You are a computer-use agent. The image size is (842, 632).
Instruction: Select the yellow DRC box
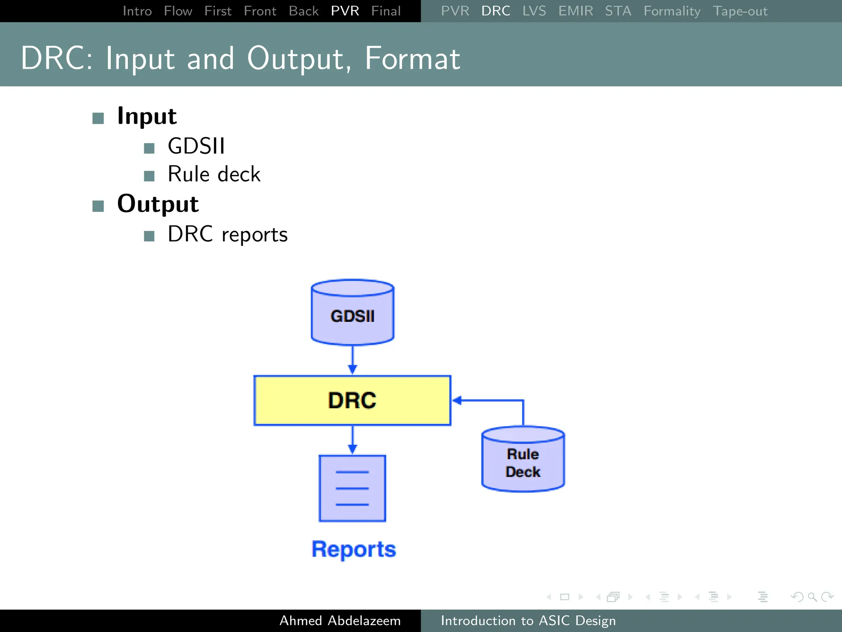point(352,400)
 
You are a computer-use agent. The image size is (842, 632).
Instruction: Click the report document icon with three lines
point(352,488)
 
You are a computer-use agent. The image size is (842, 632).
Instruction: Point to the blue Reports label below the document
point(354,549)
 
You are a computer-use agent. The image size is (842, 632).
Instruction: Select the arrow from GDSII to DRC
point(352,360)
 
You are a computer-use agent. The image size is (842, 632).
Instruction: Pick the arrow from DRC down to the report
point(352,440)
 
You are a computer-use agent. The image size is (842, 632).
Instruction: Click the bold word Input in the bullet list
point(147,116)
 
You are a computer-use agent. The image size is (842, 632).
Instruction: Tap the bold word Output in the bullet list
point(158,204)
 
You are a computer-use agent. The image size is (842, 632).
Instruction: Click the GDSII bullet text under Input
point(196,146)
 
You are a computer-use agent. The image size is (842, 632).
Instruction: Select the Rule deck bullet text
point(214,174)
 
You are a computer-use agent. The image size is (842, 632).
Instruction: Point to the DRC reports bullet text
point(227,235)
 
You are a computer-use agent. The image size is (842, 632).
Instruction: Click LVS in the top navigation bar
point(534,11)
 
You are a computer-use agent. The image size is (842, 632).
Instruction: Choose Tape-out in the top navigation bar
point(740,11)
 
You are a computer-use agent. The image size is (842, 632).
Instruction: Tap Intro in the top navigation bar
point(137,11)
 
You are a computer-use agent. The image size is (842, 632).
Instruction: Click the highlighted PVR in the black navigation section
point(345,11)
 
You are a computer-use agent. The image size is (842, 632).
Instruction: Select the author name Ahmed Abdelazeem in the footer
point(340,620)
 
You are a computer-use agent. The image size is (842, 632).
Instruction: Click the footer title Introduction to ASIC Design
point(528,620)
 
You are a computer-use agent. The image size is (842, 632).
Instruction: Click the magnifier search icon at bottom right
point(812,597)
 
